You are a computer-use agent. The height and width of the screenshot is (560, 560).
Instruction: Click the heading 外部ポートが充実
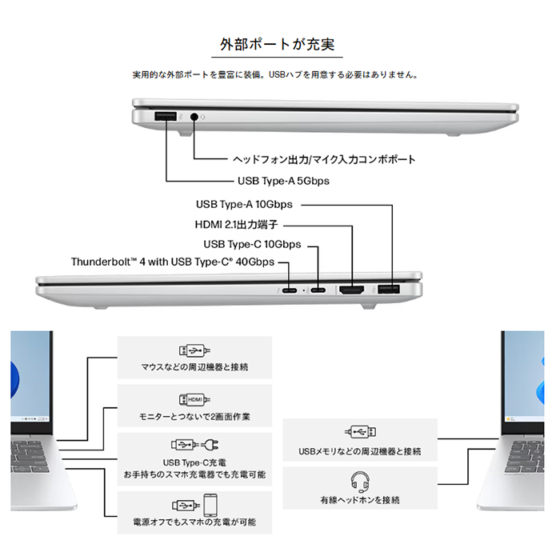[277, 44]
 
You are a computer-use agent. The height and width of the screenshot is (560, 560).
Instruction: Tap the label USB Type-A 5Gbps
[283, 181]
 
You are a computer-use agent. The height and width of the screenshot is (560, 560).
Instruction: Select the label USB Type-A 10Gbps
[244, 204]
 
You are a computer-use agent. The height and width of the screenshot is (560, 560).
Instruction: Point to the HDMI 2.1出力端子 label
[236, 224]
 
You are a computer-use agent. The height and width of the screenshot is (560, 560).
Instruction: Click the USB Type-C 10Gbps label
[252, 244]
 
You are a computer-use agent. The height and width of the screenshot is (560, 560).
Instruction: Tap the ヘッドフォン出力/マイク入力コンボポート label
[324, 159]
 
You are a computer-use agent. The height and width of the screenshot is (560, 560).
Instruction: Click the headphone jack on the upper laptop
[194, 117]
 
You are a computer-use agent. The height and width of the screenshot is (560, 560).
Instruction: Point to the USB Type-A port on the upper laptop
[166, 117]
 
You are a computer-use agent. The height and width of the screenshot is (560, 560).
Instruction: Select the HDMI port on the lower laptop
[352, 290]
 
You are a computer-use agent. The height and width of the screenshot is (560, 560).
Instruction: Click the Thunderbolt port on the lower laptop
[290, 290]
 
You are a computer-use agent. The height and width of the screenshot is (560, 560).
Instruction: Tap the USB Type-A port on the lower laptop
[389, 290]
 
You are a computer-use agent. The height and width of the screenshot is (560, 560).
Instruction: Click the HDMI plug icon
[194, 399]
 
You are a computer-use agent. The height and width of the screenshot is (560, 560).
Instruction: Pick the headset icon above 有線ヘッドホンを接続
[360, 482]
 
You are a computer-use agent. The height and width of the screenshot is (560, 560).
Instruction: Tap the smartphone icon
[210, 505]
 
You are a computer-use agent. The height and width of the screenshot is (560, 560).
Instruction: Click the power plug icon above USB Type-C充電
[210, 445]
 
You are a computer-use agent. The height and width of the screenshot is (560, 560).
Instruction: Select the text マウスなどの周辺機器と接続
[194, 366]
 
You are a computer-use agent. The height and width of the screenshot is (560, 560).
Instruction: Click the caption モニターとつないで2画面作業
[194, 417]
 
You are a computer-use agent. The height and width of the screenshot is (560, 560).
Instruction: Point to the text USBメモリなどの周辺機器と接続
[360, 451]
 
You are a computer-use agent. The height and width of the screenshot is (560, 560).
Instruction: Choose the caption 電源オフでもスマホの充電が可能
[194, 522]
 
